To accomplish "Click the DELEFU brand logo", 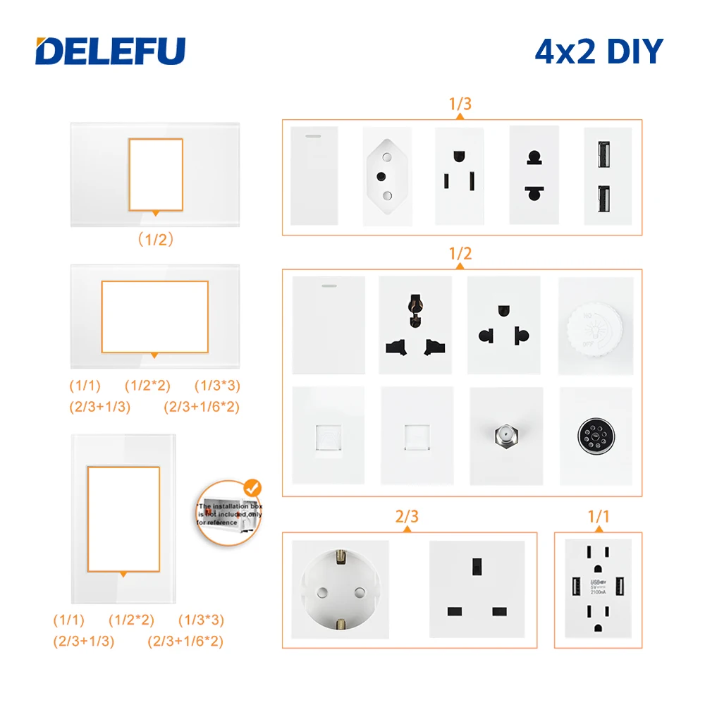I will (x=111, y=51).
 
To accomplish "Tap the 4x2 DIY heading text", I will (x=599, y=51).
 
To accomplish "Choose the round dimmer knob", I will (x=596, y=326).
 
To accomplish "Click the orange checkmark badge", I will (x=251, y=487).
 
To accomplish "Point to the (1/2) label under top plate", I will (x=154, y=239).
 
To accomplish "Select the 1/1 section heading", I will (x=598, y=516).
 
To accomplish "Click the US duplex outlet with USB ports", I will (x=598, y=589).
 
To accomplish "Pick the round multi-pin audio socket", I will (x=596, y=435).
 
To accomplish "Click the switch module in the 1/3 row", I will (x=314, y=176).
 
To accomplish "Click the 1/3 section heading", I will (x=460, y=104).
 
